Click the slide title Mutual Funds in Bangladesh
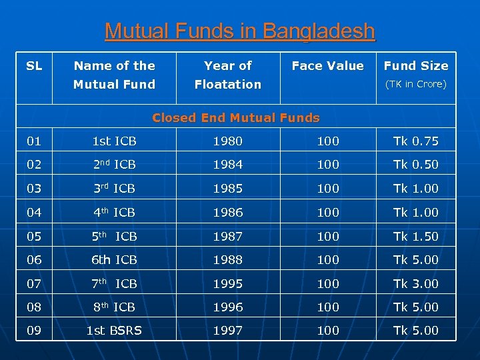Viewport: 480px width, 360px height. coord(240,31)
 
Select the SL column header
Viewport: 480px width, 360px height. coord(34,65)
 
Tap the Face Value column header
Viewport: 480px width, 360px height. coord(327,65)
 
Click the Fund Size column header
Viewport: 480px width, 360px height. coord(416,66)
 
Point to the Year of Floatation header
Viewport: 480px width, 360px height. coord(227,75)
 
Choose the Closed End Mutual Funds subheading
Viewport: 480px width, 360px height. coord(236,118)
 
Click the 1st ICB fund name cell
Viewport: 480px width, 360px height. coord(114,141)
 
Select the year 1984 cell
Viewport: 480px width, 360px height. coord(227,165)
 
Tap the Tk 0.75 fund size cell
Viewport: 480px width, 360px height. coord(416,141)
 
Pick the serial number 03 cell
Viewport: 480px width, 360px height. coord(34,189)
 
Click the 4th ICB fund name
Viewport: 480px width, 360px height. coord(114,213)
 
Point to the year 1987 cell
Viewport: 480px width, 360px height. coord(227,237)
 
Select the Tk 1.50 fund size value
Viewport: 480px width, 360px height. coord(416,237)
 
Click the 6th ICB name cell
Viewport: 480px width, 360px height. coord(114,260)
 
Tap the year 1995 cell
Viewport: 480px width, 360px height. coord(227,284)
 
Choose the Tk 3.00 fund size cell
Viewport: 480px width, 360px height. coord(416,284)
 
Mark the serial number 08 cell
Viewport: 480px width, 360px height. coord(34,307)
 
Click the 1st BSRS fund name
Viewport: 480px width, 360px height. coord(114,331)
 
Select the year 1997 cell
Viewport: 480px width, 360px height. coord(227,331)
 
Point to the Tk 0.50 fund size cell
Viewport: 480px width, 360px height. coord(416,165)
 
